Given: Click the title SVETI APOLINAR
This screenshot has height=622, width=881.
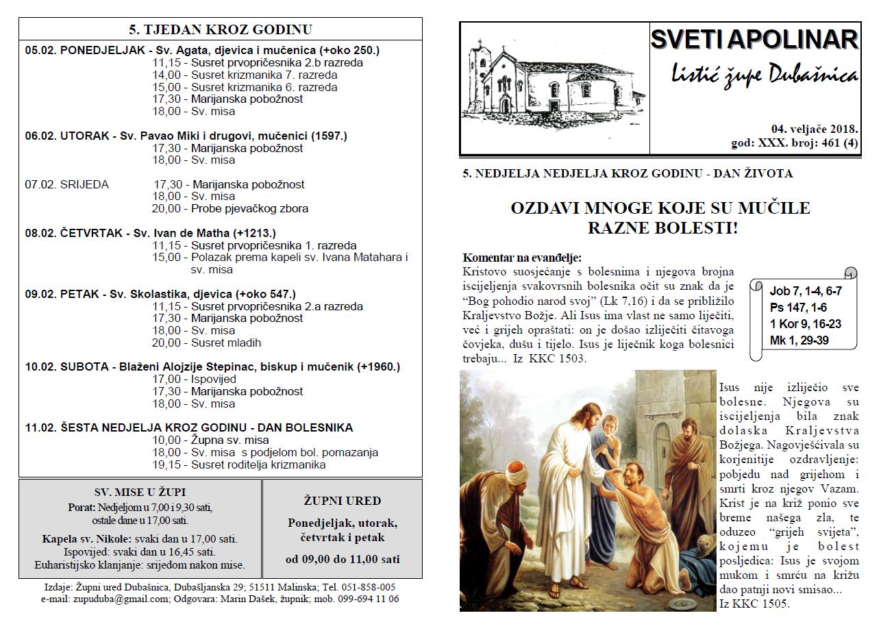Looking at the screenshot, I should click(754, 40).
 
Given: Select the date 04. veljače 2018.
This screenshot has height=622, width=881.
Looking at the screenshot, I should click(815, 129).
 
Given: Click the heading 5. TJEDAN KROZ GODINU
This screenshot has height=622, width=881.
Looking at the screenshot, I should click(220, 29).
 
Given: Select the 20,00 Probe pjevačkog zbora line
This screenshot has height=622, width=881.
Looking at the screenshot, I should click(230, 208).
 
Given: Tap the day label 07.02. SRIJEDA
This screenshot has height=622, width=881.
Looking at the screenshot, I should click(67, 184).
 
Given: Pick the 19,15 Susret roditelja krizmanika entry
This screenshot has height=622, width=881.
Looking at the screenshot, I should click(238, 464).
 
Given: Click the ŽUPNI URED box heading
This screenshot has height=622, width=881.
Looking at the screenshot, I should click(343, 501).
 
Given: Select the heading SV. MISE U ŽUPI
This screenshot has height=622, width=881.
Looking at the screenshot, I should click(140, 492).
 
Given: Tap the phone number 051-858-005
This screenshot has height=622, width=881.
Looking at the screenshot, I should click(369, 587).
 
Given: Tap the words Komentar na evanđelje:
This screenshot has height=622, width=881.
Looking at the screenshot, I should click(522, 258).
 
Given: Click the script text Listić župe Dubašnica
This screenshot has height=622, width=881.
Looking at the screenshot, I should click(764, 75).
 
